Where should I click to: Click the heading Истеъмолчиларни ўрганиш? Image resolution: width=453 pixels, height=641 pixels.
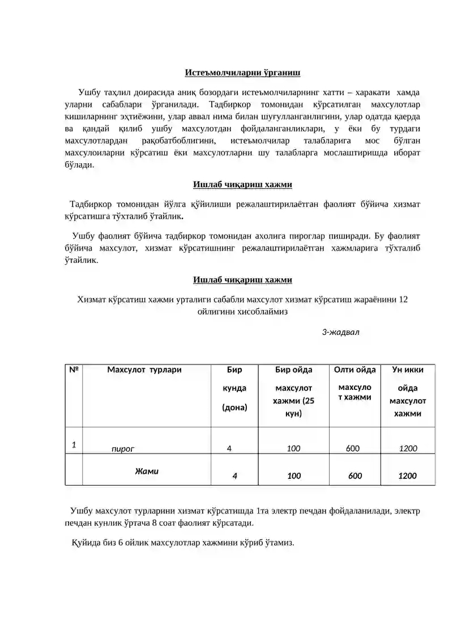242,73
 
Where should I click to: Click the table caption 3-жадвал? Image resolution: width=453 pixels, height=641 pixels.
341,332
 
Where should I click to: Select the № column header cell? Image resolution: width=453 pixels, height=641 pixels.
74,370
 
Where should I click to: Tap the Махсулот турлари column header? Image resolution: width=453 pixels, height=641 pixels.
144,370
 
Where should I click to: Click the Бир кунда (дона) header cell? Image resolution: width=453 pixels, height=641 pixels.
234,388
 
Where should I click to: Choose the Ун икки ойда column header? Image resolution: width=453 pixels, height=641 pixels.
408,392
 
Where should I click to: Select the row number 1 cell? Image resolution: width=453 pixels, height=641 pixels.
74,445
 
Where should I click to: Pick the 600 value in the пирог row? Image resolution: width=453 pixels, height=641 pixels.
353,448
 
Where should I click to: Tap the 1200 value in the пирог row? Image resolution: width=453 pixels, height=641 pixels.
408,448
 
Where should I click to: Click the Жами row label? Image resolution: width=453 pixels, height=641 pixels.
147,471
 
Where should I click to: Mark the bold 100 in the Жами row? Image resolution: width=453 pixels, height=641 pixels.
294,476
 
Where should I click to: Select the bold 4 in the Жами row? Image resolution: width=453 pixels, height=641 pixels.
234,476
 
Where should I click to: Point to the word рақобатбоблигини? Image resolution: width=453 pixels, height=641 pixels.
172,140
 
